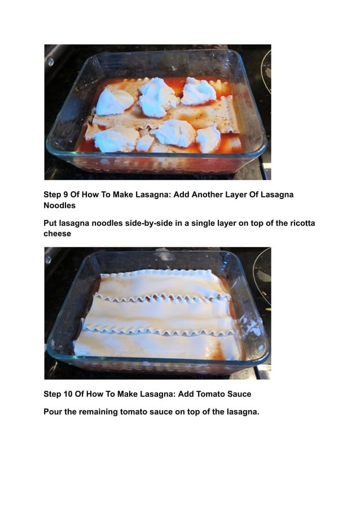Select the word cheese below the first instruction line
pyautogui.click(x=58, y=234)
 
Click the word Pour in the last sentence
pyautogui.click(x=52, y=412)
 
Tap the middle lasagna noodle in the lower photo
pyautogui.click(x=161, y=316)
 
